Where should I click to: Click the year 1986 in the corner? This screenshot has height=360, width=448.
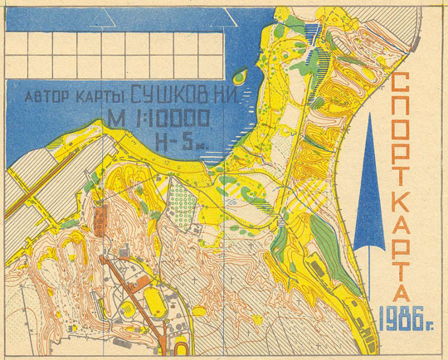point(406,316)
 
